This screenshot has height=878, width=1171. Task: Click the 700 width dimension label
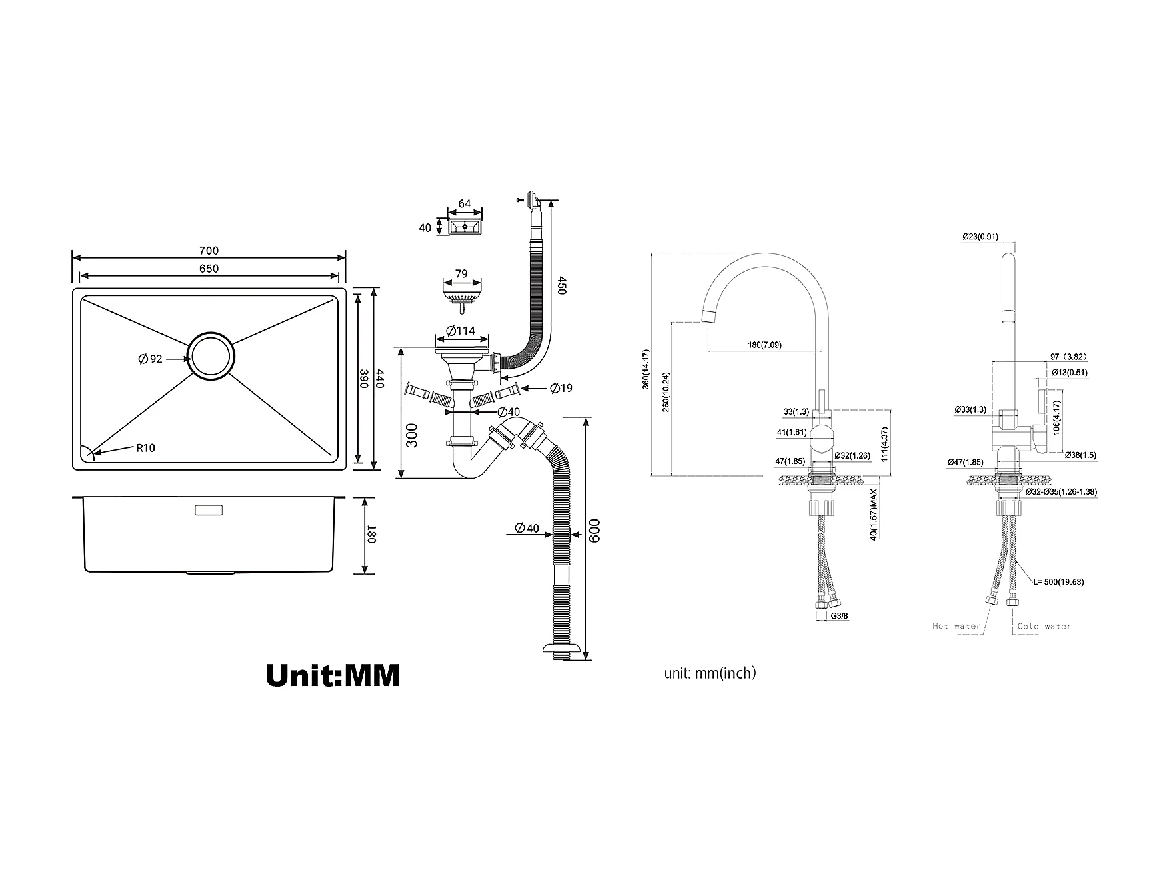209,251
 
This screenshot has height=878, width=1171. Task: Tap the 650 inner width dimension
209,269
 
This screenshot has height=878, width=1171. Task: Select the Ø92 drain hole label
151,359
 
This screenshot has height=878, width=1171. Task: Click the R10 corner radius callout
145,448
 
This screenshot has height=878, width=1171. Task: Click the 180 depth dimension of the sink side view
372,535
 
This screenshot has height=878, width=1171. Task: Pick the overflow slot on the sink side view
209,511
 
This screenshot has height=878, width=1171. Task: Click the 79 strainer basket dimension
461,273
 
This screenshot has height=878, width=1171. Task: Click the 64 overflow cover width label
465,204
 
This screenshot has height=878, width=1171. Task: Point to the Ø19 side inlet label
561,388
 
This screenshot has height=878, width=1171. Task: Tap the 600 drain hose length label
594,531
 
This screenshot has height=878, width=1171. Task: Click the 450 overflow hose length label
561,286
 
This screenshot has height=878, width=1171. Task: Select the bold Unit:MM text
333,675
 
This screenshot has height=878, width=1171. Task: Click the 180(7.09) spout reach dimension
764,345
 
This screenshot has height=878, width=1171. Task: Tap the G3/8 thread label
840,616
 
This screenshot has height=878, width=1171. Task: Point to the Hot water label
956,626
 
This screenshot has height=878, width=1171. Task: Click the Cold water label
1044,626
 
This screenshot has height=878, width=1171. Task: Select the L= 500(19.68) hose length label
1058,581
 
